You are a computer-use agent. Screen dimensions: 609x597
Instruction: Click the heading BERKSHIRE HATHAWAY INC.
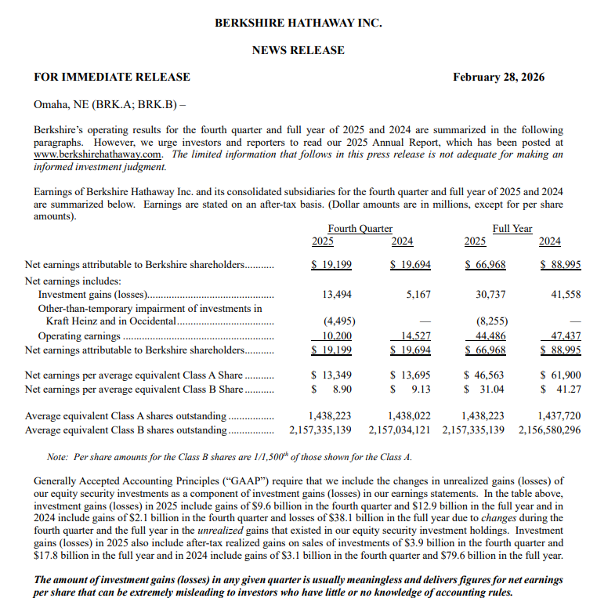(298, 23)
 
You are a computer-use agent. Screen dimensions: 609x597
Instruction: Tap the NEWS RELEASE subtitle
(298, 50)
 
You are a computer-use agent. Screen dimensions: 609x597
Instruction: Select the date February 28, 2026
(498, 77)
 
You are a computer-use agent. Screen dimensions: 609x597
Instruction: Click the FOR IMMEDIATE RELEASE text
(111, 77)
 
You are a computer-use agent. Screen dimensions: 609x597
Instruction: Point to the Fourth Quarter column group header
(360, 229)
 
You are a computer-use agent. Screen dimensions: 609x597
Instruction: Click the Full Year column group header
(512, 229)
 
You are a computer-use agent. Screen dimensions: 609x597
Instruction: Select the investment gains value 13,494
(337, 295)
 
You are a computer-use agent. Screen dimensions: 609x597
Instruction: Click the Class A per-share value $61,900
(560, 375)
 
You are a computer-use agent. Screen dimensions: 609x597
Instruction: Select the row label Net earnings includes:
(73, 280)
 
